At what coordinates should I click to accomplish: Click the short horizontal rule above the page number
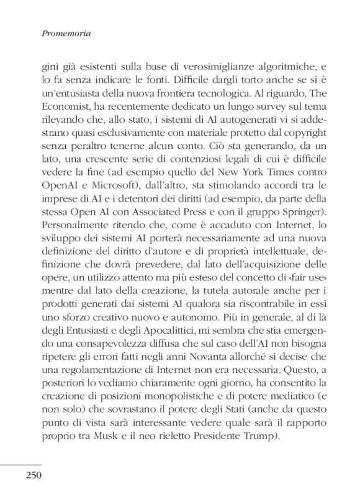[20, 464]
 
